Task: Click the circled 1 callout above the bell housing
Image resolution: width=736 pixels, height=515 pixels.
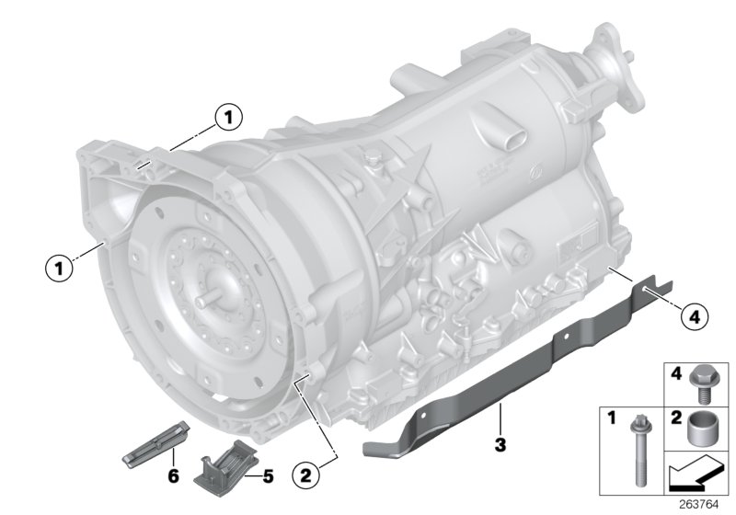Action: [227, 117]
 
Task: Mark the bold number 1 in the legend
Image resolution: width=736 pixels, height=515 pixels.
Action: [610, 418]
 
